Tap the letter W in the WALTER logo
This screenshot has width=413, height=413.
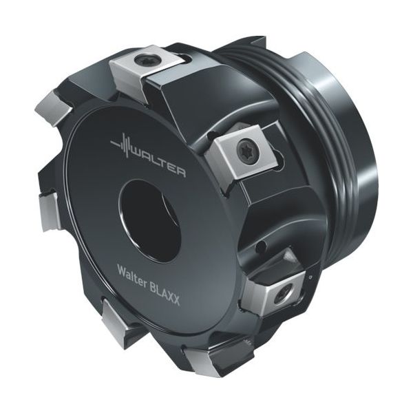pos(136,156)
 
